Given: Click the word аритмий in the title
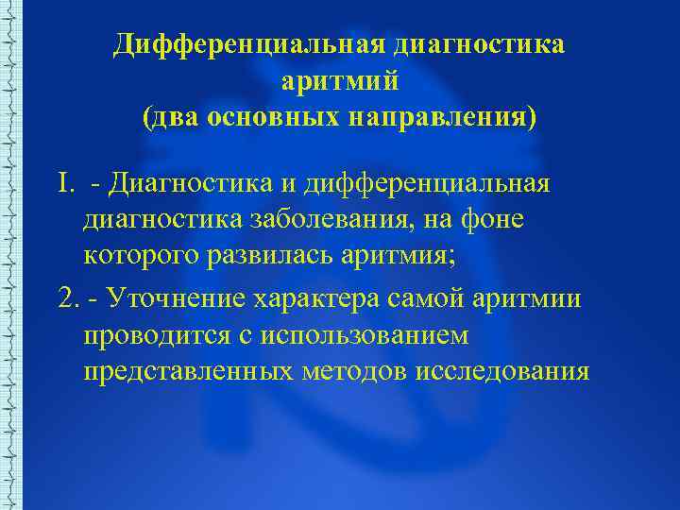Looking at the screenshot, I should (x=339, y=82).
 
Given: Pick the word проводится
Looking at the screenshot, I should (x=157, y=335).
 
